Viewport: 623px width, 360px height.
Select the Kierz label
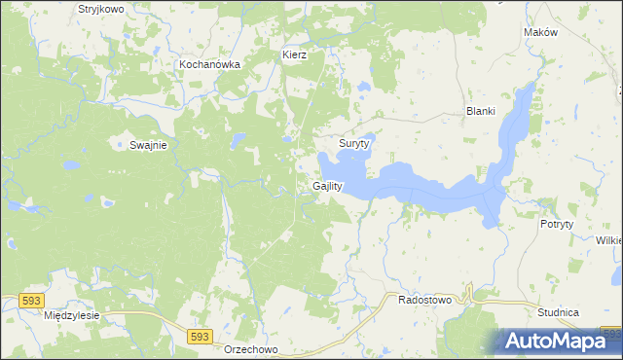click(294, 55)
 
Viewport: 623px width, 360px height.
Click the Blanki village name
click(482, 111)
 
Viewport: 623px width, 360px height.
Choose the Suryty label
click(354, 143)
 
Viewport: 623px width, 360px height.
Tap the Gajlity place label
click(328, 186)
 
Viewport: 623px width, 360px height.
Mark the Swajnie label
click(148, 145)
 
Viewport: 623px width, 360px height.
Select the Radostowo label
click(425, 301)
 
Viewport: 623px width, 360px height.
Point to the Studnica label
click(558, 312)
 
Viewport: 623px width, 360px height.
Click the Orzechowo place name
click(251, 349)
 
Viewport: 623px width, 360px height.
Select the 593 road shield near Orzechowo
click(200, 336)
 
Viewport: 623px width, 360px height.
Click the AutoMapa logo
click(560, 341)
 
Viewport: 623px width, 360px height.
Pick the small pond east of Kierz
click(363, 86)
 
